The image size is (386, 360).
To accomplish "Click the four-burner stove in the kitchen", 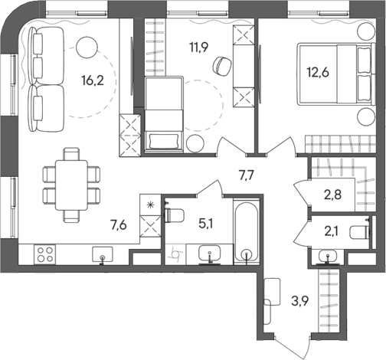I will coord(44,254).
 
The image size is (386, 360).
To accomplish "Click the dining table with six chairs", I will coord(71,179).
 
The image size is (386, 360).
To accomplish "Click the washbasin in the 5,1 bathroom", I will coord(208,254).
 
